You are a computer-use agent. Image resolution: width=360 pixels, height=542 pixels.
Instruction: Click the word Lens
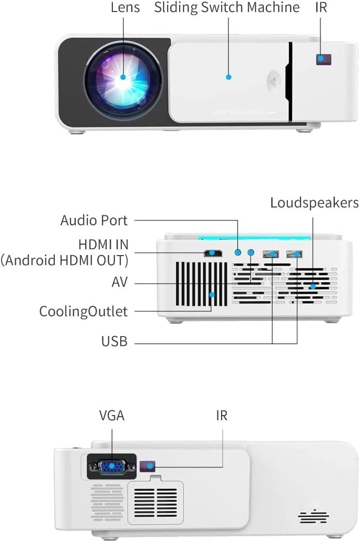(x=125, y=8)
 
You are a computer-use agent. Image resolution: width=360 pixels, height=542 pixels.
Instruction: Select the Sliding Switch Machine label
(x=227, y=8)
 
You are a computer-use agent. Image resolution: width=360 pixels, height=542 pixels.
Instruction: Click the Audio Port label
(x=94, y=221)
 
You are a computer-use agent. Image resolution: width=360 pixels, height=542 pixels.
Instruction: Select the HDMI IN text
(x=103, y=245)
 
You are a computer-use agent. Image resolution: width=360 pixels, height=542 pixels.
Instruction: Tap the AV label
(x=120, y=283)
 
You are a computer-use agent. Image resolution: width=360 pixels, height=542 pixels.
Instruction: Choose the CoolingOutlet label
(x=84, y=312)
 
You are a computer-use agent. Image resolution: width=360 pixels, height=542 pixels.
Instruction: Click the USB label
(x=114, y=342)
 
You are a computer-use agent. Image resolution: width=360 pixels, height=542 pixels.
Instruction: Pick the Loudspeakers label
(x=315, y=203)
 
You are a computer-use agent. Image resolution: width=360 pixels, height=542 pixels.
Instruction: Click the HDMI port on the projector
(x=213, y=254)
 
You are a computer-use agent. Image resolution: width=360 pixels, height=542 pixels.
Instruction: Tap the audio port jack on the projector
(x=238, y=252)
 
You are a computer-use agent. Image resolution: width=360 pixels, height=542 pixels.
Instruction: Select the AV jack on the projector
(x=251, y=252)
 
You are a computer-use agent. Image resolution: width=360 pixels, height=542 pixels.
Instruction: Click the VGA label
(x=112, y=416)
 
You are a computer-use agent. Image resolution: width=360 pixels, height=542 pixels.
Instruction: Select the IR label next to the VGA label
(x=222, y=416)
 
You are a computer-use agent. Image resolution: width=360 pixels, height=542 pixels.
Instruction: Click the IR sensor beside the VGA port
(x=149, y=465)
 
